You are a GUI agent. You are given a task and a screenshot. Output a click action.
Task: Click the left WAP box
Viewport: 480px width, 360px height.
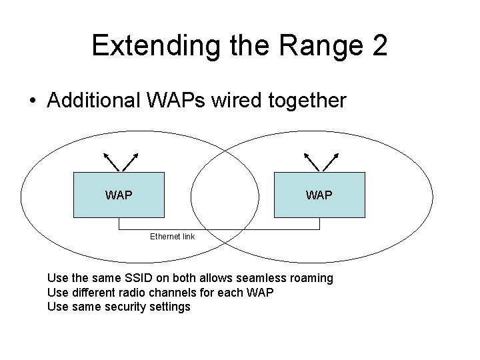118,195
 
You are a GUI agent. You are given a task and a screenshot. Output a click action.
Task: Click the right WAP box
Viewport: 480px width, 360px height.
319,195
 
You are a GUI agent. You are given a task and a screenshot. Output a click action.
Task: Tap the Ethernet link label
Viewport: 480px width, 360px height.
172,236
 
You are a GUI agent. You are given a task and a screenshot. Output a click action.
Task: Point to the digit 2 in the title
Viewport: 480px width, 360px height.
376,45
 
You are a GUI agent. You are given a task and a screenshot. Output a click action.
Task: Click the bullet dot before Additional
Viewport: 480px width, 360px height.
32,102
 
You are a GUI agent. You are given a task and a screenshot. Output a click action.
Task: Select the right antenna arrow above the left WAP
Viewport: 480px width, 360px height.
130,161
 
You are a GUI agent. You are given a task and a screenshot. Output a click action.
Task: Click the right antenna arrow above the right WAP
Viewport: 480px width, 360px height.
331,161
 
